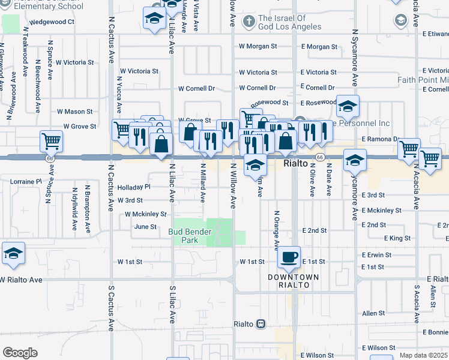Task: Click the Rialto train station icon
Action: [261, 324]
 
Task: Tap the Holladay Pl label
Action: [133, 187]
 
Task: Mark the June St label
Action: [145, 227]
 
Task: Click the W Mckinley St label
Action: [145, 214]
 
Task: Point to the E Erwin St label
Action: [377, 254]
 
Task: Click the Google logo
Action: [20, 352]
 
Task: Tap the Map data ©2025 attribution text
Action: [424, 355]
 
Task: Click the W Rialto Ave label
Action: [22, 280]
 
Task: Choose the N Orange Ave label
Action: [276, 230]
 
